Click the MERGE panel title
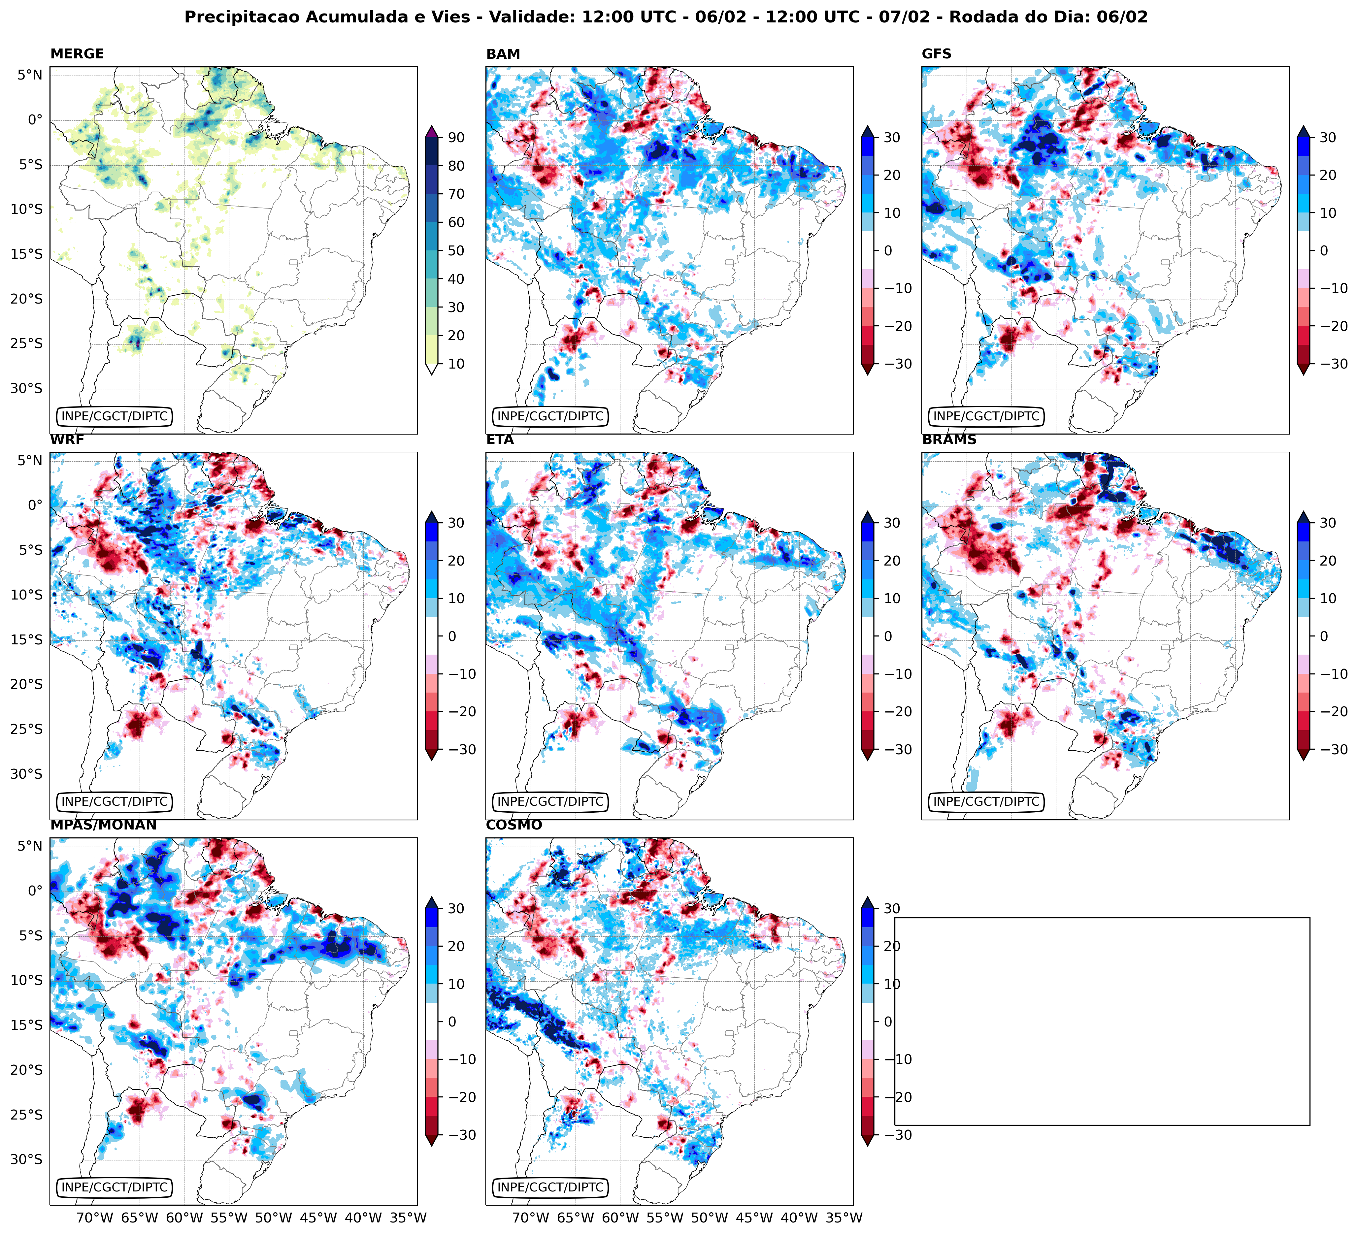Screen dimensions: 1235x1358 (77, 54)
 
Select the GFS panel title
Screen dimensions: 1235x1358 (936, 54)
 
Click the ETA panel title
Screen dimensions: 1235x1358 (500, 440)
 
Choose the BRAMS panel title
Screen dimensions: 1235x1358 (949, 440)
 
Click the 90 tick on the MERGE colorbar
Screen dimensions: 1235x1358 (456, 137)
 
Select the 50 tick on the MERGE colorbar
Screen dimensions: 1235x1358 (456, 250)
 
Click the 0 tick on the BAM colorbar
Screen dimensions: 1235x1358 (888, 250)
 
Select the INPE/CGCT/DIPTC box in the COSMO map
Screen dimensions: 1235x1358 (550, 1187)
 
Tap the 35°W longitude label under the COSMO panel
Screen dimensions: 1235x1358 (844, 1218)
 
